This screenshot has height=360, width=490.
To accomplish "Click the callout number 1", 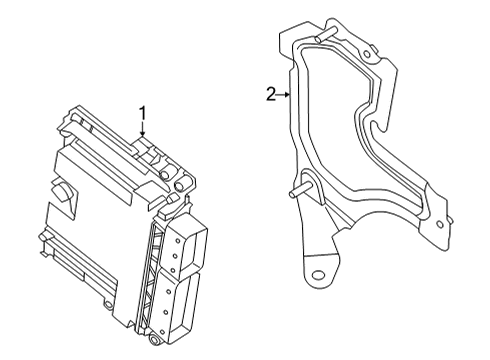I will tap(142, 113).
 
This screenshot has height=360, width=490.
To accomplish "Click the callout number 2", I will tap(270, 94).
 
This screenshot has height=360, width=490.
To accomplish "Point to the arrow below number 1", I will tap(143, 130).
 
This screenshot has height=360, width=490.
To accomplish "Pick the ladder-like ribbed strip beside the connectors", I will tap(158, 280).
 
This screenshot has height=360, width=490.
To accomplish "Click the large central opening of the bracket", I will tap(340, 130).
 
